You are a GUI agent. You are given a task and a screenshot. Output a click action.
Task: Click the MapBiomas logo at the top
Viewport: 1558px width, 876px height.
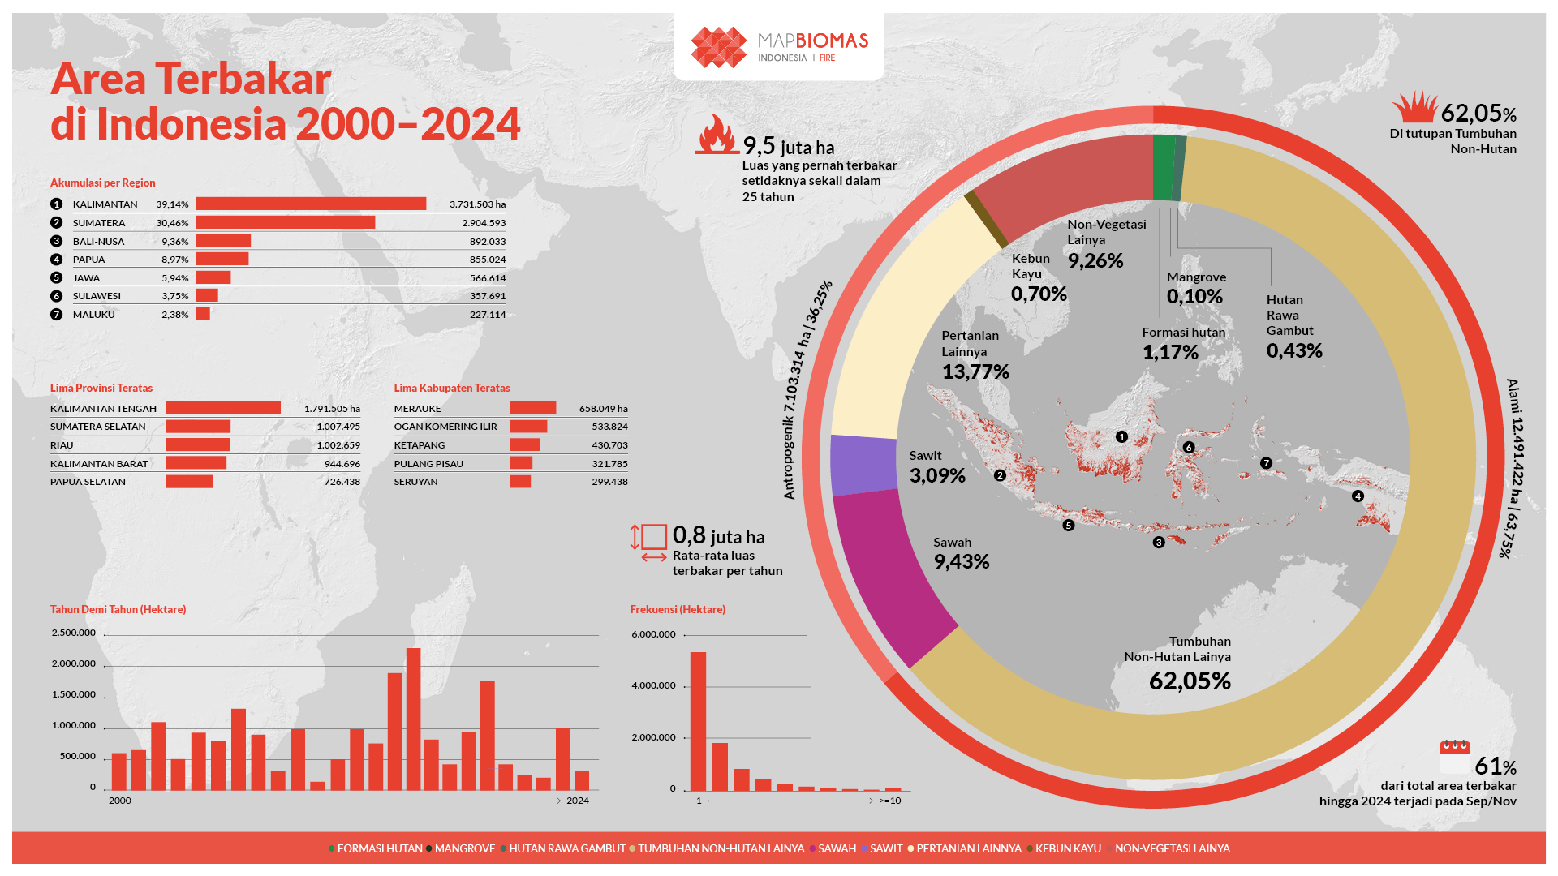(779, 47)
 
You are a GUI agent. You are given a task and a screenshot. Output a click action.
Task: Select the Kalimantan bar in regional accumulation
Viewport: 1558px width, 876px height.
(311, 204)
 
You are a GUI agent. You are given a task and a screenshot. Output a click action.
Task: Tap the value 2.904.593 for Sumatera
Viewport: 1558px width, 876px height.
(484, 223)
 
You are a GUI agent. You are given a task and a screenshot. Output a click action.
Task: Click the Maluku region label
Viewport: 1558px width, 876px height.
(94, 315)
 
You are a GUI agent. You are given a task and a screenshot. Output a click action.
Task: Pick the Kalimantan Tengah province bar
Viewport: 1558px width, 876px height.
(223, 408)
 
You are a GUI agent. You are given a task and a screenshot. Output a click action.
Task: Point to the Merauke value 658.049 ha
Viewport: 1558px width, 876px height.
(603, 409)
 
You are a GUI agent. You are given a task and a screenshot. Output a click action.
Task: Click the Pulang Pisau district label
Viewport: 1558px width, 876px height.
(428, 464)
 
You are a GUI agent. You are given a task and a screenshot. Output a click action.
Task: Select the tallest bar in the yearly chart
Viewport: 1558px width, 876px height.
(413, 718)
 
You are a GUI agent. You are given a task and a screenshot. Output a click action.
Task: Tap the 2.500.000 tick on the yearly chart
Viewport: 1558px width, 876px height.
(74, 633)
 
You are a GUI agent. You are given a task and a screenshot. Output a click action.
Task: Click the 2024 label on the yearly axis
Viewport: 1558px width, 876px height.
(578, 801)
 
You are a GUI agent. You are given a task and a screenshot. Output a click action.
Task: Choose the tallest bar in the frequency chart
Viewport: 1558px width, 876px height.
(698, 720)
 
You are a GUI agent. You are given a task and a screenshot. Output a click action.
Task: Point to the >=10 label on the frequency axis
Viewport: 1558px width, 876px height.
(890, 801)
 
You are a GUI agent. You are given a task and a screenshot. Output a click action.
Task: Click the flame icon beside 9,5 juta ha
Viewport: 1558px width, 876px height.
(716, 135)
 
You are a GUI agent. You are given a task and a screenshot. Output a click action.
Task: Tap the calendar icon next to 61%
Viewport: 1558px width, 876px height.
(1454, 756)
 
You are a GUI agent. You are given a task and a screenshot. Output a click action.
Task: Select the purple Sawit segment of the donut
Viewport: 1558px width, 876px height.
(862, 464)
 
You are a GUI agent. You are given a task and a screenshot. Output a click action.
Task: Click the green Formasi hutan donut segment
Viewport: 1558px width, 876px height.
(1164, 167)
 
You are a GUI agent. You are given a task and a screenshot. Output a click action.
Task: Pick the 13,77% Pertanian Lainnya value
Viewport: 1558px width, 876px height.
(975, 372)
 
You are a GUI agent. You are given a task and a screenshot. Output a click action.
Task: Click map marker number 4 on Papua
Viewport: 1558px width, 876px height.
(1358, 496)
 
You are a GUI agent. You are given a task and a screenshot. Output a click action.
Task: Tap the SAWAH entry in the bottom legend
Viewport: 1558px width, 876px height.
(837, 848)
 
